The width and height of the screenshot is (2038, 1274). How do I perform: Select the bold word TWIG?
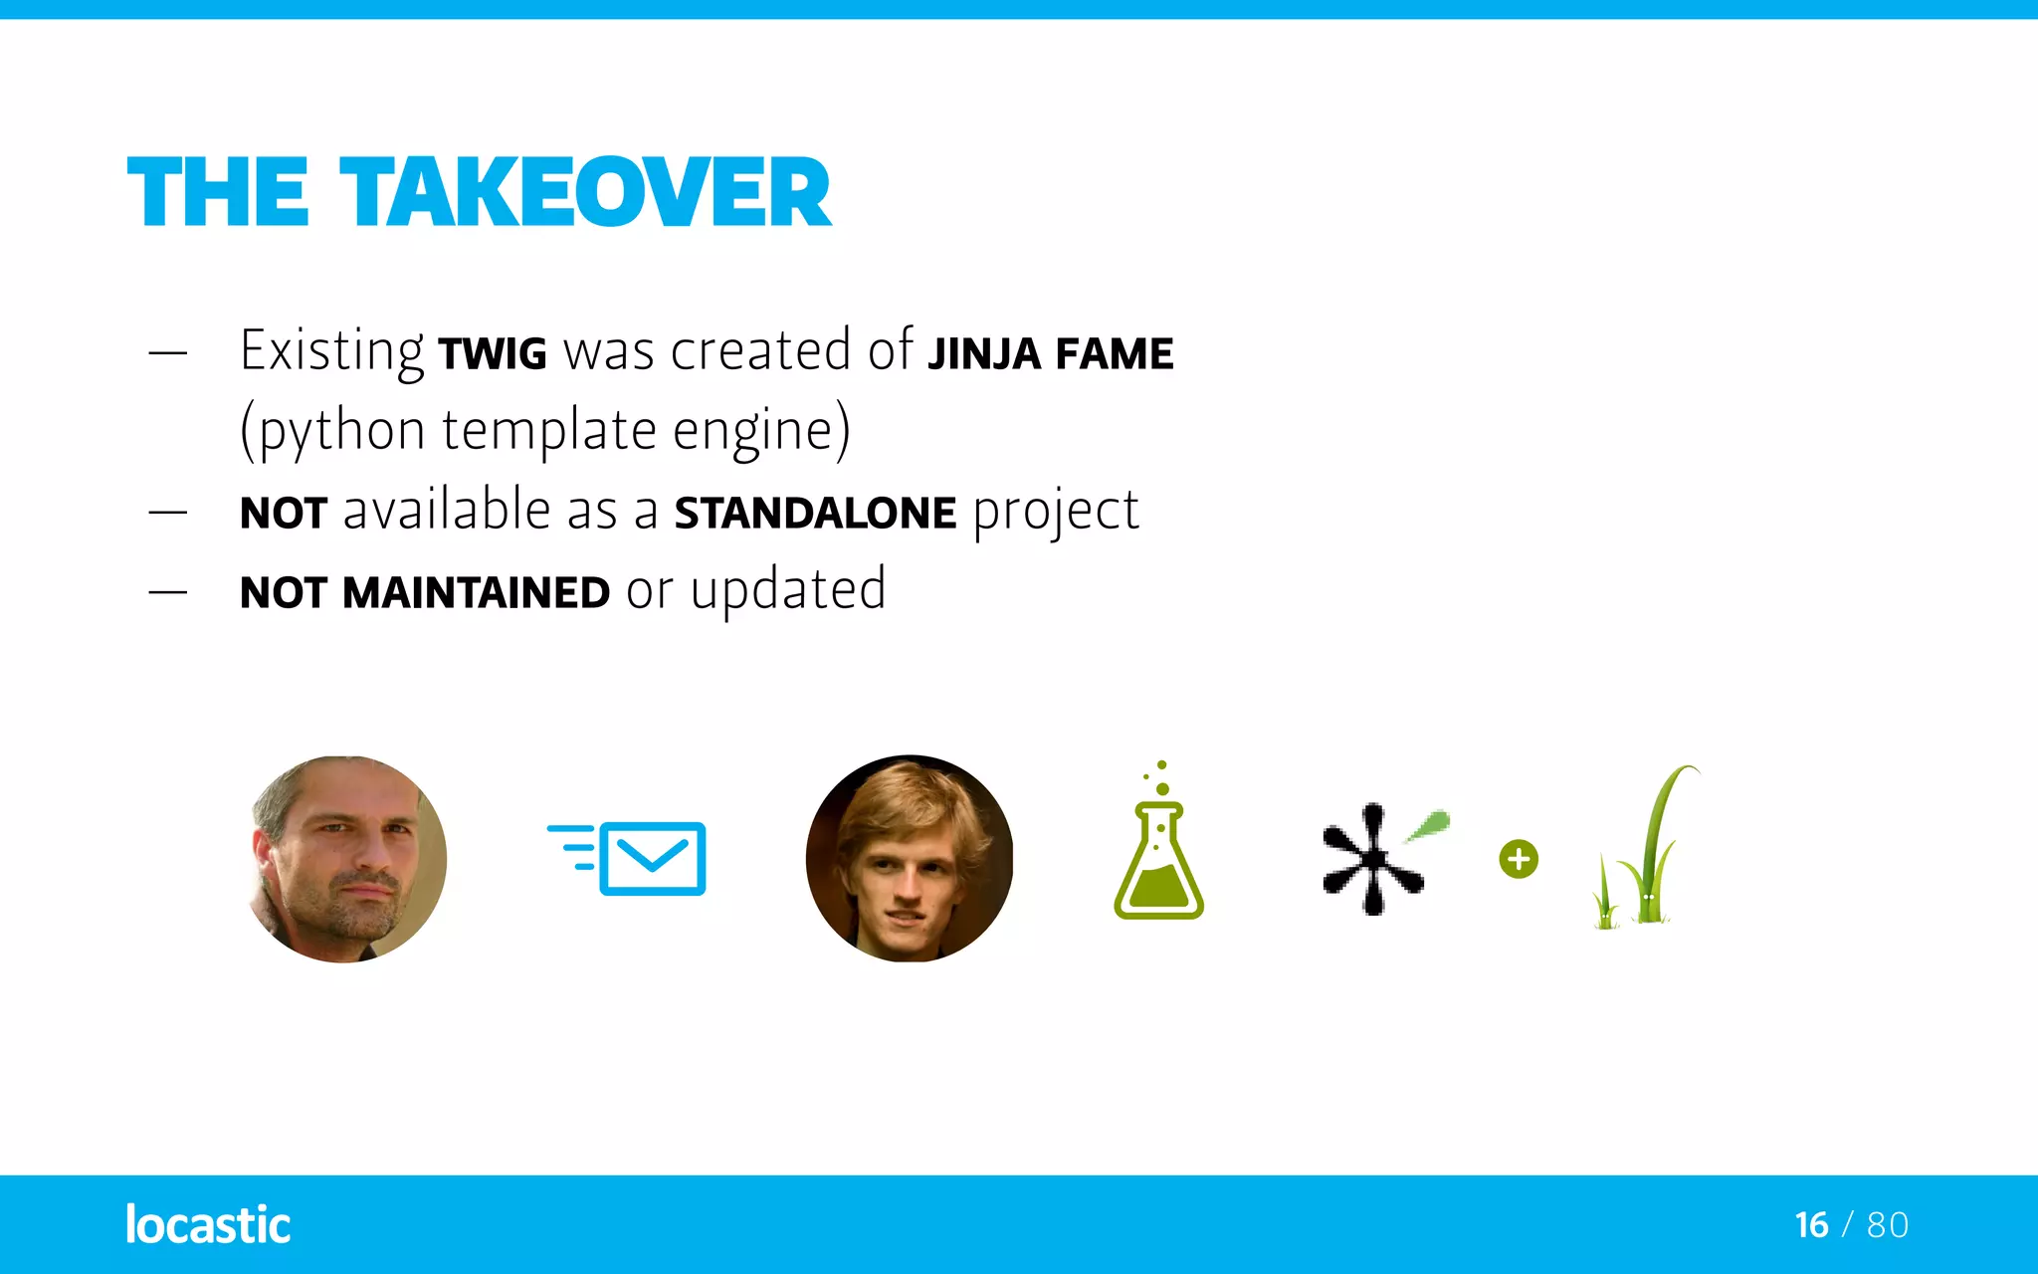(493, 354)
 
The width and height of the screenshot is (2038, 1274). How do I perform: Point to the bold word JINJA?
(983, 354)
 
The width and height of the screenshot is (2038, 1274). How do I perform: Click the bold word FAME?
(1115, 354)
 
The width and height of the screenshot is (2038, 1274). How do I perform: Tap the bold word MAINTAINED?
(476, 593)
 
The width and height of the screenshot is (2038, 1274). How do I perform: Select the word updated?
(787, 590)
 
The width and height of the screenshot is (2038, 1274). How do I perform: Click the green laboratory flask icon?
(1158, 846)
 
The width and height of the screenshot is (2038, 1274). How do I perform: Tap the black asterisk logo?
(1372, 859)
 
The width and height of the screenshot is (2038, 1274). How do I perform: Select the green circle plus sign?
(1519, 859)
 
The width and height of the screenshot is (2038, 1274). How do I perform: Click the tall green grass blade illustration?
(1652, 846)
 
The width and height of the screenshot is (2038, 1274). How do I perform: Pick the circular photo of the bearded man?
(346, 859)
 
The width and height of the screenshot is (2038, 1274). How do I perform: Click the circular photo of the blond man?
(910, 859)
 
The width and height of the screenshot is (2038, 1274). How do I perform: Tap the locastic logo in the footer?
(208, 1224)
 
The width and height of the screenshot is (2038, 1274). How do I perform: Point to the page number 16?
(1811, 1225)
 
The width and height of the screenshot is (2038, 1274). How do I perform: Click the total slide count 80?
(1888, 1225)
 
